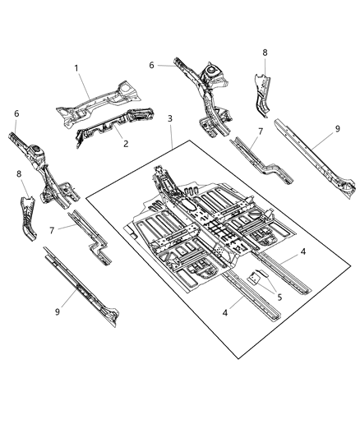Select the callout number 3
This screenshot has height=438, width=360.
(170, 120)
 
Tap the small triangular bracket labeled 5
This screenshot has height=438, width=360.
(255, 278)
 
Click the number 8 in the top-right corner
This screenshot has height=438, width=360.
(265, 53)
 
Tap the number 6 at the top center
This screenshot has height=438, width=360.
(151, 65)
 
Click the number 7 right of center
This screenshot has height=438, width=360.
(261, 131)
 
